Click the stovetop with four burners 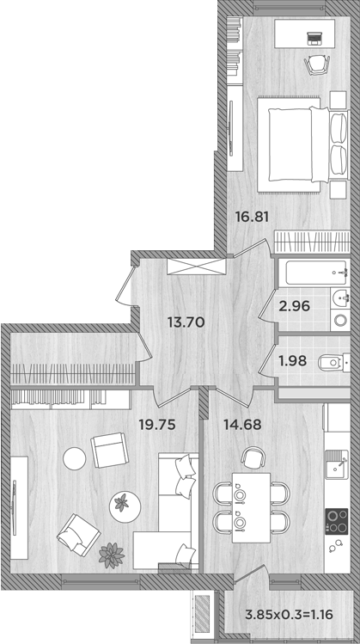coord(336,518)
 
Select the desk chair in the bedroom coord(316,64)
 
